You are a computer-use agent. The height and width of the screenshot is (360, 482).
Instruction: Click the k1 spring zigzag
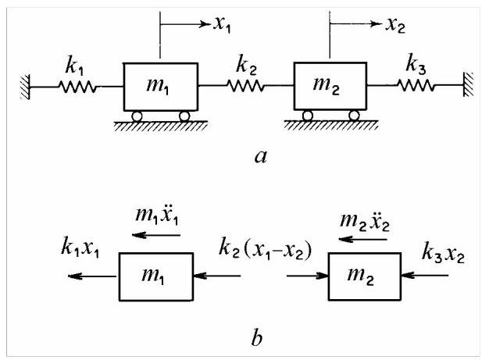[77, 87]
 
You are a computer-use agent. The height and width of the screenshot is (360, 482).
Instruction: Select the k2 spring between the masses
[246, 86]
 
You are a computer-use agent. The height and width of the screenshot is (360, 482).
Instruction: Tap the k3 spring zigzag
[416, 85]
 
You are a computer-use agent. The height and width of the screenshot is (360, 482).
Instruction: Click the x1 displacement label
[222, 24]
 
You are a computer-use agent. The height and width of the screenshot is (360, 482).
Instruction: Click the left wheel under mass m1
[137, 116]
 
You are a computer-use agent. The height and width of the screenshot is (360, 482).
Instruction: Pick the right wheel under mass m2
[354, 116]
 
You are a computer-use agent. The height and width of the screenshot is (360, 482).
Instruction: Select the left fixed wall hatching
[26, 87]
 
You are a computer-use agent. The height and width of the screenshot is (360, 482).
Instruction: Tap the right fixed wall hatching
[468, 84]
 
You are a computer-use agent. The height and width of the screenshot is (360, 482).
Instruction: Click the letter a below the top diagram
[261, 157]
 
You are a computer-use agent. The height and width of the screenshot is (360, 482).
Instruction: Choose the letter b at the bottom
[257, 337]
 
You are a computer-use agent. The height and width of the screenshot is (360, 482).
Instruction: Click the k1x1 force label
[80, 247]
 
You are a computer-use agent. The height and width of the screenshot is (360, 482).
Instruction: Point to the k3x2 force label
[443, 252]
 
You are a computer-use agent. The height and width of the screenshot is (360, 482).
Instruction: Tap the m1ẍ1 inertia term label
[156, 215]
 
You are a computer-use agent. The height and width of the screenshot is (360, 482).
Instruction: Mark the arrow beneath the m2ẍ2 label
[362, 239]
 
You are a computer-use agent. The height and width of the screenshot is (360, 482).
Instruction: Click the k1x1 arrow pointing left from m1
[92, 276]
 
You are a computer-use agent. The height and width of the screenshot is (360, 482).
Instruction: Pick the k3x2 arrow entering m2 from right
[424, 275]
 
